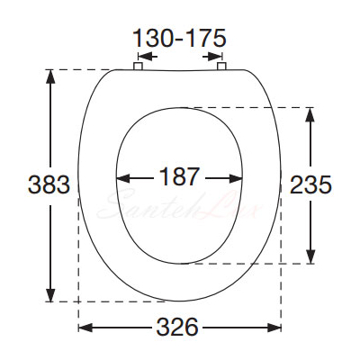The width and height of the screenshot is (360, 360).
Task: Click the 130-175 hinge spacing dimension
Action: [x=179, y=38]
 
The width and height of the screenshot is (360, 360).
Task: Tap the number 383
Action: [x=49, y=184]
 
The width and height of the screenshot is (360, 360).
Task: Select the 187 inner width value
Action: [x=179, y=176]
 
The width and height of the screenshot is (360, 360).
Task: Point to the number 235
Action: [x=311, y=184]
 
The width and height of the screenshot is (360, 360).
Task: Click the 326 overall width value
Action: [x=177, y=327]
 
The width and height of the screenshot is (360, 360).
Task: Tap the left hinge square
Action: [x=138, y=67]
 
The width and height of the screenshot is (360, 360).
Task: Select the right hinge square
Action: [x=221, y=67]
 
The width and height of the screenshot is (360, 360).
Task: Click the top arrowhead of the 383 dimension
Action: [x=50, y=76]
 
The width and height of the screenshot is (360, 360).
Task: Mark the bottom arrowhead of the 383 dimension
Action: [x=50, y=294]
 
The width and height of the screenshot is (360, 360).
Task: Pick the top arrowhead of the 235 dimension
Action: [x=310, y=114]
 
